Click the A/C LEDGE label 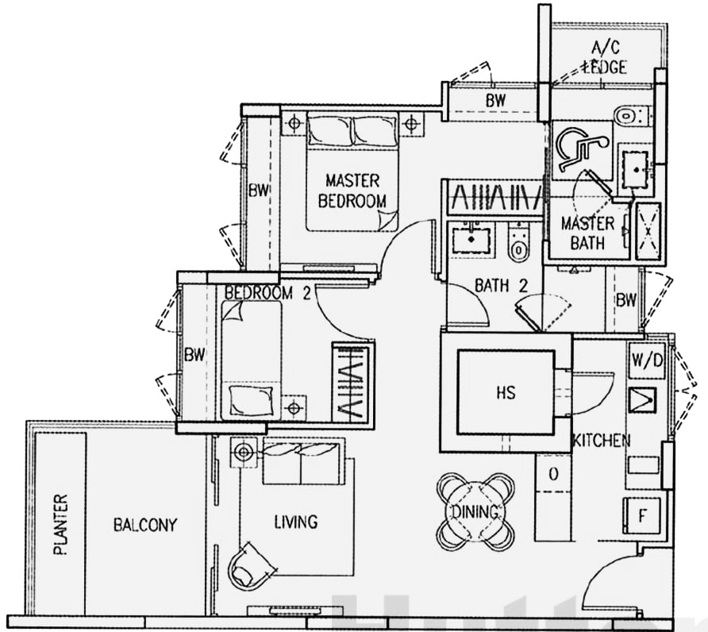coord(604,58)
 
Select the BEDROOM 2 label coord(267,293)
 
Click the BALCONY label coord(144,525)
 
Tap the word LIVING coord(295,522)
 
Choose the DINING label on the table coord(475,512)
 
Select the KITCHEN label coord(602,441)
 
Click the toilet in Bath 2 coord(519,242)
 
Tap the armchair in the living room coord(252,564)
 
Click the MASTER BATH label coord(587,232)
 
